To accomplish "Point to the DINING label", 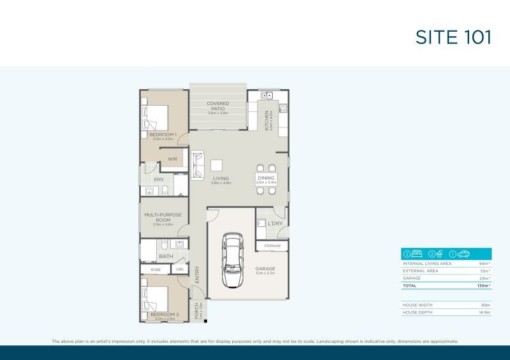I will (266, 179).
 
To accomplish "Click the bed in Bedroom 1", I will (156, 117).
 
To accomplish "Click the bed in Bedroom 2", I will (156, 298).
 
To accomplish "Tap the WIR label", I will (172, 159).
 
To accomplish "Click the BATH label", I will (166, 256).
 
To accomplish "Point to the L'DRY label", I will (275, 224).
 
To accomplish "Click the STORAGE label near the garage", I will (272, 245).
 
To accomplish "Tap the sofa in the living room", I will (198, 163).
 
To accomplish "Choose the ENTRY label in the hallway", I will (197, 275).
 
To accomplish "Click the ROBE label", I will (156, 270).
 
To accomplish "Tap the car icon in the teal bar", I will (465, 254).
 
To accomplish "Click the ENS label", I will (158, 180).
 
